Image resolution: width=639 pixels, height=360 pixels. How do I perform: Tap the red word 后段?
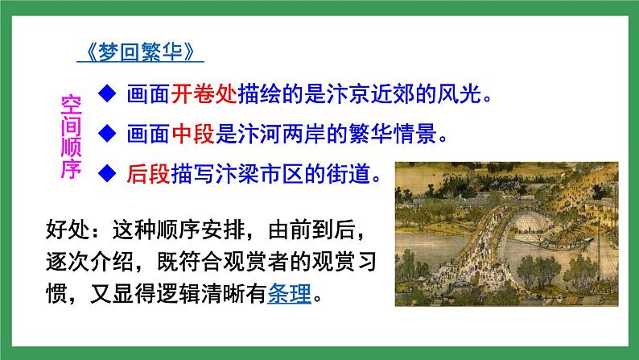[147, 174]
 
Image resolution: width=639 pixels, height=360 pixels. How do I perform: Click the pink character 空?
[71, 104]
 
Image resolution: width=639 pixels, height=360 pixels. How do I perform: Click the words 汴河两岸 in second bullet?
[314, 134]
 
